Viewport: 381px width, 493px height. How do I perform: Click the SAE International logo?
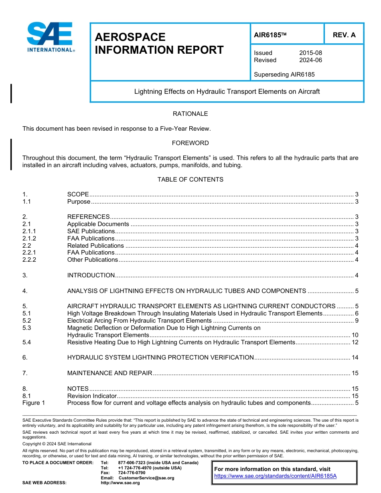pyautogui.click(x=51, y=37)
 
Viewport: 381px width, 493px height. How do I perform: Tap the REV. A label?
pyautogui.click(x=344, y=35)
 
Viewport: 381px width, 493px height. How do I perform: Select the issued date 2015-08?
pyautogui.click(x=310, y=53)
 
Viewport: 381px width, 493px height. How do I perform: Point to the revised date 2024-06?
pyautogui.click(x=310, y=60)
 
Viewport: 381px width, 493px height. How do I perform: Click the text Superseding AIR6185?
pyautogui.click(x=284, y=75)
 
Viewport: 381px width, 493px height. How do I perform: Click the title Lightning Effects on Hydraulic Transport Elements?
pyautogui.click(x=227, y=91)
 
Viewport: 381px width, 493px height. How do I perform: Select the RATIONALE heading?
pyautogui.click(x=190, y=114)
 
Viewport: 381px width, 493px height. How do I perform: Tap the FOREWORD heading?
pyautogui.click(x=190, y=143)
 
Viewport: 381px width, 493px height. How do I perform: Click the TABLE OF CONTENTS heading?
pyautogui.click(x=190, y=180)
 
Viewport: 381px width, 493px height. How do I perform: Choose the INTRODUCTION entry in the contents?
pyautogui.click(x=91, y=275)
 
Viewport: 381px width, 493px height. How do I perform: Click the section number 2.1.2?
pyautogui.click(x=29, y=238)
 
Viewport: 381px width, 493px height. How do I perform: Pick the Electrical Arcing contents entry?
pyautogui.click(x=139, y=321)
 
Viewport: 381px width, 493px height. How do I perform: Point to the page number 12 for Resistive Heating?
pyautogui.click(x=355, y=342)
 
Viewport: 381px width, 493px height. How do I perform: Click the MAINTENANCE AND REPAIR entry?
pyautogui.click(x=109, y=373)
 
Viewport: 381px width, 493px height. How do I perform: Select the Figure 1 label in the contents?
pyautogui.click(x=34, y=403)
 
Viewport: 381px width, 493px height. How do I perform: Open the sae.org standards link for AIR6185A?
pyautogui.click(x=275, y=476)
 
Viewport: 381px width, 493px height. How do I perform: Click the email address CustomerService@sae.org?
pyautogui.click(x=146, y=478)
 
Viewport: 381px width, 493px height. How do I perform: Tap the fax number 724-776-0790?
pyautogui.click(x=132, y=473)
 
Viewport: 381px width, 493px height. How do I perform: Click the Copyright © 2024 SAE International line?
pyautogui.click(x=57, y=444)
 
